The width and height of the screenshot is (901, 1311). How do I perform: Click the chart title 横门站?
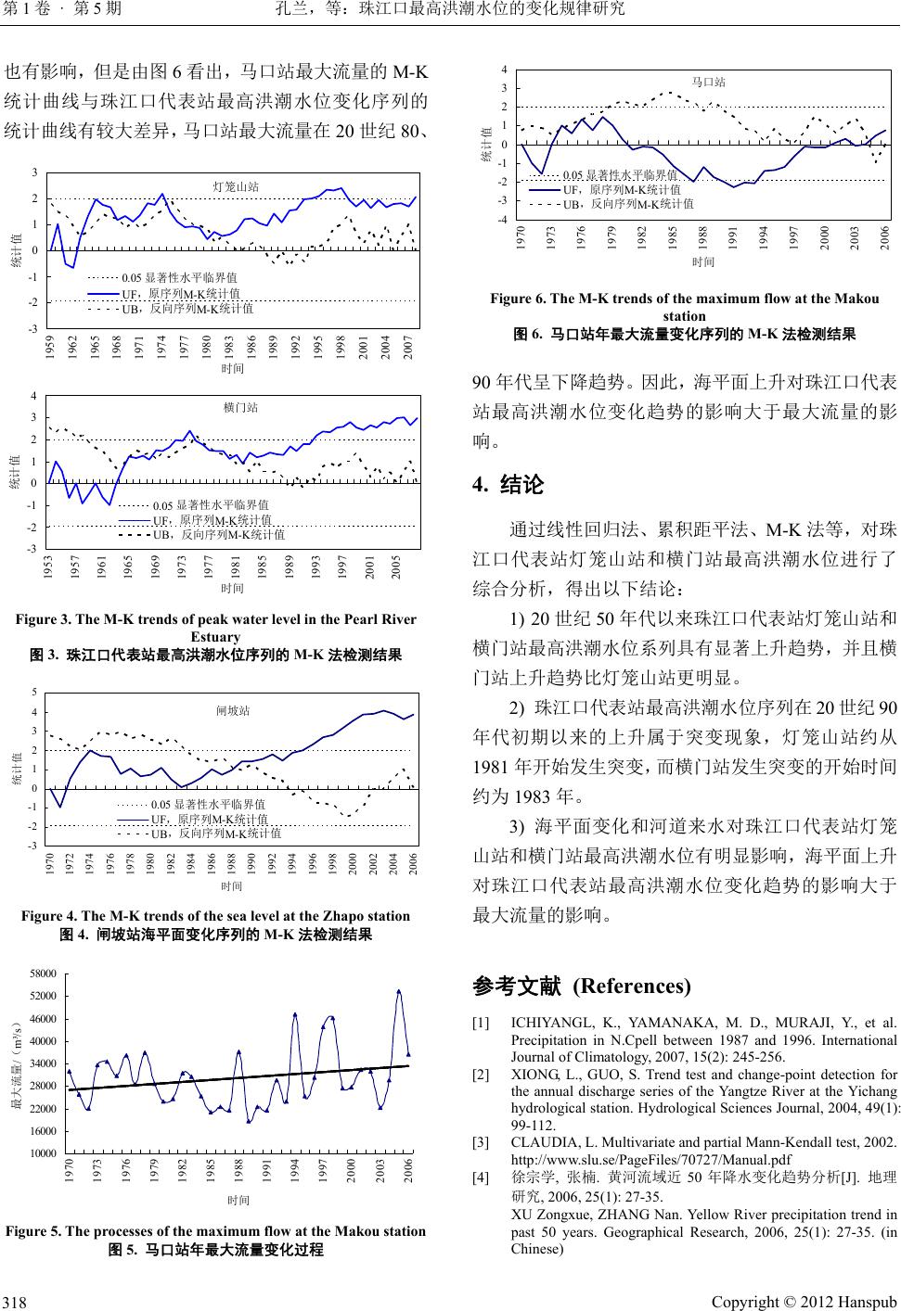(240, 406)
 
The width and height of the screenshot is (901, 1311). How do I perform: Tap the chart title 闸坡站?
(233, 710)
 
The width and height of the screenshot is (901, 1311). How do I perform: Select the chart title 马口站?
(708, 82)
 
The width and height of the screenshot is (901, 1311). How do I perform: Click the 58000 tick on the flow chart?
(44, 974)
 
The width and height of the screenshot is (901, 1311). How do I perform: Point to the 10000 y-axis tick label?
(44, 1153)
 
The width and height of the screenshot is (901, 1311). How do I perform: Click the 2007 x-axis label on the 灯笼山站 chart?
(408, 349)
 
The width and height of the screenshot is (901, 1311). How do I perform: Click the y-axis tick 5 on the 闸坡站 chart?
(34, 693)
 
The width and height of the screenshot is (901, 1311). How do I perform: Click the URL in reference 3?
(650, 1159)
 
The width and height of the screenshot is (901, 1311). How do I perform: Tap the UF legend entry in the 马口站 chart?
(621, 188)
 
